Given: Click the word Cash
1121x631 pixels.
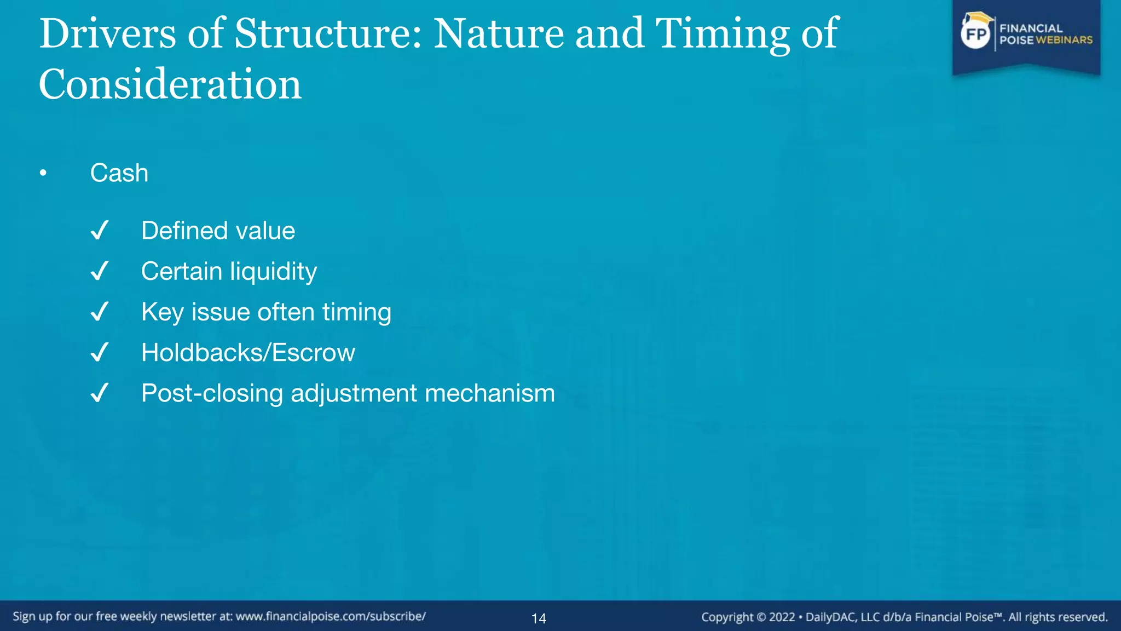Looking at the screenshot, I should tap(119, 173).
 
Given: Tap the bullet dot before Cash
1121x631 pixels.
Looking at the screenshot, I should tap(43, 174).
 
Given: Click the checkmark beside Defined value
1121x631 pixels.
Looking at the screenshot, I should tap(100, 231).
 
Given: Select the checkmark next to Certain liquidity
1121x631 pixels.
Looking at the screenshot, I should tap(100, 271).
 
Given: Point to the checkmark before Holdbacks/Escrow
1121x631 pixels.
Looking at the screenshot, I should tap(100, 352).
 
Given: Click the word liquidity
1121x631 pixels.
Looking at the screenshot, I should tap(273, 272).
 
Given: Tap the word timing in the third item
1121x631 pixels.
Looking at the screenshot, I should tap(356, 312).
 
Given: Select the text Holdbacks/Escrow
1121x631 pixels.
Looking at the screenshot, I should tap(248, 353).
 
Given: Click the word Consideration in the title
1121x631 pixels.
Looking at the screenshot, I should tap(170, 84).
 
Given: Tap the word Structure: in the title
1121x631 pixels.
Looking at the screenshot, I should tap(328, 34).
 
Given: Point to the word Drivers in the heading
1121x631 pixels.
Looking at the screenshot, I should tap(107, 34).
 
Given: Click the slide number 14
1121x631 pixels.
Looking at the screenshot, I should tap(539, 619).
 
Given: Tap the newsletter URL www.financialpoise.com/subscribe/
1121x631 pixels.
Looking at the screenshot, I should tap(331, 617).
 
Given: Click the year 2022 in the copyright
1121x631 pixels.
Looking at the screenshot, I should tap(782, 617).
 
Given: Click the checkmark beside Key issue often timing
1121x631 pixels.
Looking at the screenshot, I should tap(100, 312).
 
